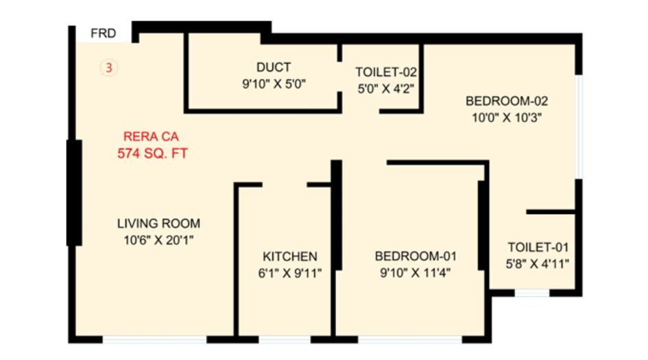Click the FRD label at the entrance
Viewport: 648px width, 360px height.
[104, 33]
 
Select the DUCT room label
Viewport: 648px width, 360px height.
[274, 67]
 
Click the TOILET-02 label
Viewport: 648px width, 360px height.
[386, 71]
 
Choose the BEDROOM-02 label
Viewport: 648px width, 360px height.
[507, 101]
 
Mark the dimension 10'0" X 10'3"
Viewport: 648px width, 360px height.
[507, 117]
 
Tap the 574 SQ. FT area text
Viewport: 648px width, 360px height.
[152, 154]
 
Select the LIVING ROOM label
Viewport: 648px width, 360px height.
[158, 223]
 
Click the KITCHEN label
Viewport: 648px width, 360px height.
[290, 256]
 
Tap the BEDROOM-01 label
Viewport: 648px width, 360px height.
[416, 256]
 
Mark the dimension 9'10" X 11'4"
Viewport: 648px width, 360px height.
[415, 273]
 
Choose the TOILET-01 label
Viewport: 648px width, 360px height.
[538, 248]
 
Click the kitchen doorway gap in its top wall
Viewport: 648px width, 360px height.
[285, 184]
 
